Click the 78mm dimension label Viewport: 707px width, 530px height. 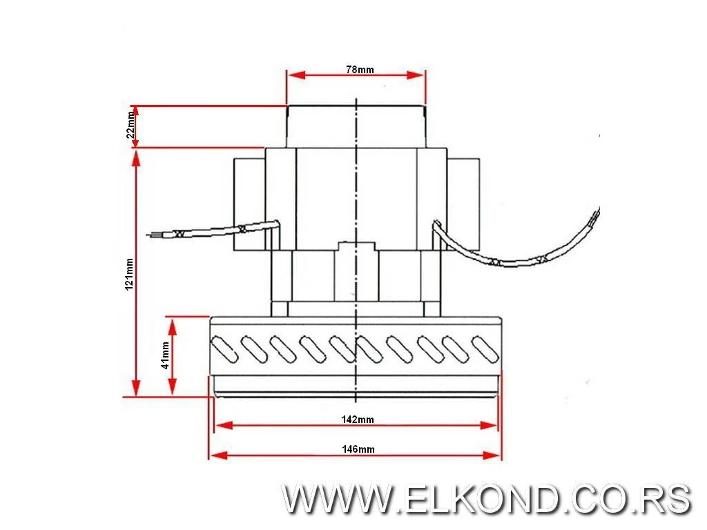359,70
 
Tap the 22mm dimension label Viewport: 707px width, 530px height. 130,126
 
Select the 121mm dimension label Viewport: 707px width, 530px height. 129,275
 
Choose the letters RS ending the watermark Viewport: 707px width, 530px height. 667,499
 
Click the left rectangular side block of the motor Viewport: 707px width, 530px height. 249,204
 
